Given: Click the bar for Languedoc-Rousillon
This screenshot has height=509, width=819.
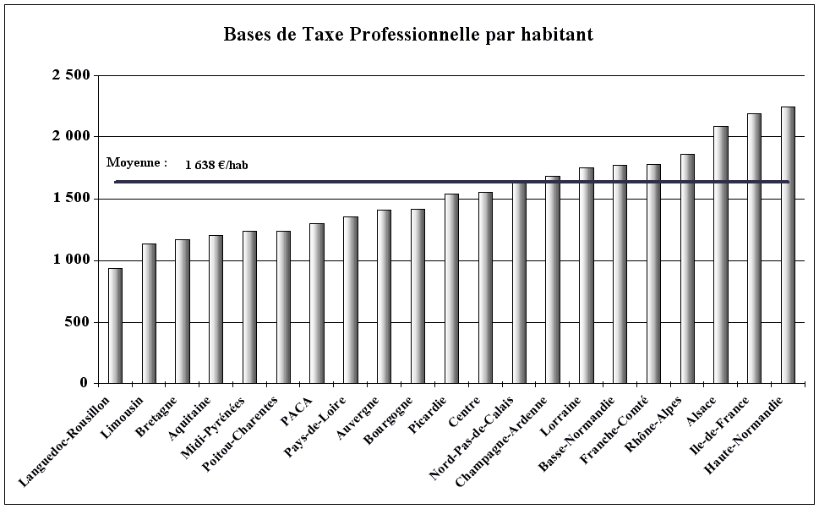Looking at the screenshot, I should point(115,326).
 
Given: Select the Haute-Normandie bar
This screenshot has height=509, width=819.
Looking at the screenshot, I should point(788,245).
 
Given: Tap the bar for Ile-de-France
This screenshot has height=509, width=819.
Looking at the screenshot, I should point(754,249).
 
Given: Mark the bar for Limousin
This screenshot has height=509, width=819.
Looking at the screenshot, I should point(149,313).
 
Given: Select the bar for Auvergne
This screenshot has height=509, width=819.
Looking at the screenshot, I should point(384,296).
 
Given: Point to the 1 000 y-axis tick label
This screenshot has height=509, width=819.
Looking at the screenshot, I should point(71,260).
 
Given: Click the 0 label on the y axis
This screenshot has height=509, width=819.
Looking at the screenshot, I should point(84,384).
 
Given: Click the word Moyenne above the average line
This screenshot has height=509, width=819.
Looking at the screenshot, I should point(134,162).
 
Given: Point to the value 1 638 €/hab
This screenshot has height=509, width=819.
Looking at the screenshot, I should point(216,165).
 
